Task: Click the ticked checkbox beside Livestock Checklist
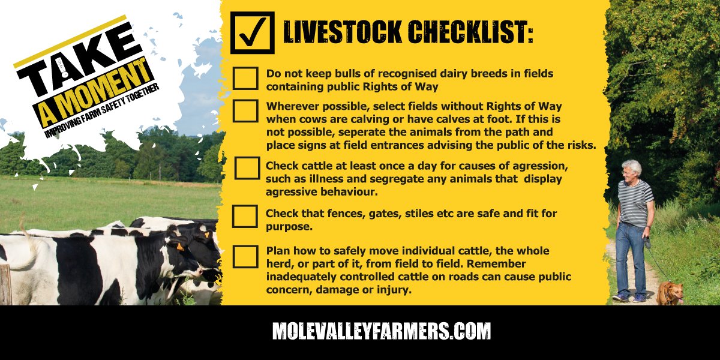tap(252, 33)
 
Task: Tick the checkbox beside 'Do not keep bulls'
tap(245, 78)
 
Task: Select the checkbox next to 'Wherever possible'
tap(245, 110)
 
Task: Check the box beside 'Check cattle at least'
tap(247, 168)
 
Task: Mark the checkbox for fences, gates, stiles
tap(245, 216)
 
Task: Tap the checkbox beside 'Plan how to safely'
tap(245, 256)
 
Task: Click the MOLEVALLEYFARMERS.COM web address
tap(382, 331)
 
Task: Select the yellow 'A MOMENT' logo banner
tap(96, 90)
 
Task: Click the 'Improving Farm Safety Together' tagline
tap(102, 111)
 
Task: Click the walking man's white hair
tap(631, 165)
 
